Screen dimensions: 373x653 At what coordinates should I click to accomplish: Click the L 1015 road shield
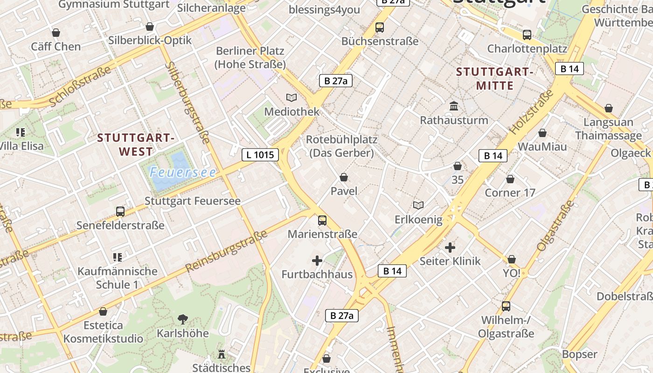(260, 154)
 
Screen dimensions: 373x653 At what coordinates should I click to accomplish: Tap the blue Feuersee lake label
(183, 173)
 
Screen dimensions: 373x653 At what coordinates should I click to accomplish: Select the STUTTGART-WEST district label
(136, 145)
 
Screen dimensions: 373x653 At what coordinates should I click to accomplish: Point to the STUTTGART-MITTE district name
(494, 79)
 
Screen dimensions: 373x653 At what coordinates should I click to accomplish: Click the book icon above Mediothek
(292, 97)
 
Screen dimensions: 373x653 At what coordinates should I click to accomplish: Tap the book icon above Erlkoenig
(418, 205)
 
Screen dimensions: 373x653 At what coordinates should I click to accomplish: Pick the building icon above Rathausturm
(454, 106)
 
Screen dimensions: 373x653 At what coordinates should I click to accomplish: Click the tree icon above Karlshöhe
(182, 319)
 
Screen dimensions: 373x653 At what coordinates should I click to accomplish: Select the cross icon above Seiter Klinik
(450, 247)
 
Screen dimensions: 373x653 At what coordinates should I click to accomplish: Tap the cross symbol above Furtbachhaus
(317, 261)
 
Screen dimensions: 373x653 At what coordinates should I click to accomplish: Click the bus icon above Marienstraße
(322, 221)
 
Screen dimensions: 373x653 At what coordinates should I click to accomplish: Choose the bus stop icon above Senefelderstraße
(120, 212)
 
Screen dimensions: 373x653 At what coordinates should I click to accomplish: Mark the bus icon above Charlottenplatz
(527, 35)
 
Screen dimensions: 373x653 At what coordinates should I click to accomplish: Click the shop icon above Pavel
(344, 177)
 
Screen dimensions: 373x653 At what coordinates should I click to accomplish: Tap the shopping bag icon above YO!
(512, 259)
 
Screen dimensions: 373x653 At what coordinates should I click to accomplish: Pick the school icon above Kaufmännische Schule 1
(118, 257)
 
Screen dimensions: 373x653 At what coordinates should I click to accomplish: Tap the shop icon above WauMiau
(542, 133)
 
